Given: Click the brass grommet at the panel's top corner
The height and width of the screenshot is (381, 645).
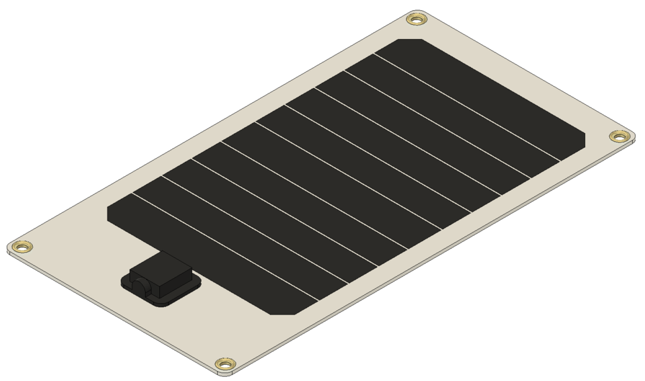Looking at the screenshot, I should [417, 19].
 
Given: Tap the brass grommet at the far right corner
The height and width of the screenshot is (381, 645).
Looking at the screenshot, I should [620, 136].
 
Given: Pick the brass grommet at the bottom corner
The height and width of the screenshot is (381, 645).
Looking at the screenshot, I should [226, 364].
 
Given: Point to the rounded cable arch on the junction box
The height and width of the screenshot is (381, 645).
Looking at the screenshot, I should [140, 286].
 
